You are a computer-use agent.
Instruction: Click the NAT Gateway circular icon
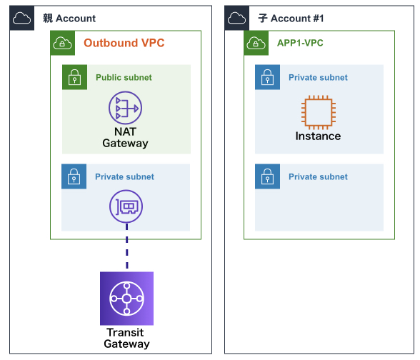pyautogui.click(x=125, y=108)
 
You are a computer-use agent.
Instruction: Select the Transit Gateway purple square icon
pyautogui.click(x=126, y=299)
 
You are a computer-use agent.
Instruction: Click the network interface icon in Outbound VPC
pyautogui.click(x=126, y=206)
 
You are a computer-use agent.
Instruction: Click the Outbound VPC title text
pyautogui.click(x=124, y=43)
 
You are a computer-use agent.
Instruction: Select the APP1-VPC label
pyautogui.click(x=300, y=43)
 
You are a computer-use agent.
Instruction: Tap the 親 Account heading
pyautogui.click(x=69, y=19)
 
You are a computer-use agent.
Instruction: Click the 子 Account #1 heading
pyautogui.click(x=291, y=19)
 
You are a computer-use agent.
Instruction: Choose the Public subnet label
pyautogui.click(x=124, y=77)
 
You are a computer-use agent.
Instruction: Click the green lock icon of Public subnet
pyautogui.click(x=74, y=77)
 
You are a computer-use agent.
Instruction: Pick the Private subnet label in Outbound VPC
pyautogui.click(x=124, y=177)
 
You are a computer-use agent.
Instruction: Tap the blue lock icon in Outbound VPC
pyautogui.click(x=74, y=176)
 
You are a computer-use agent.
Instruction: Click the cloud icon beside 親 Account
pyautogui.click(x=21, y=18)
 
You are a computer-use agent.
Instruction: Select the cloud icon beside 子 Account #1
pyautogui.click(x=237, y=18)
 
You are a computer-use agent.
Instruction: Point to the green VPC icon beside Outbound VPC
pyautogui.click(x=62, y=43)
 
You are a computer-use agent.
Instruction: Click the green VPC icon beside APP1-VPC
pyautogui.click(x=256, y=43)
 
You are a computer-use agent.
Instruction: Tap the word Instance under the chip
pyautogui.click(x=319, y=136)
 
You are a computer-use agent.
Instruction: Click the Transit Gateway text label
pyautogui.click(x=126, y=338)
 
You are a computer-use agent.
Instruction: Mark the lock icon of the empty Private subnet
pyautogui.click(x=267, y=176)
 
